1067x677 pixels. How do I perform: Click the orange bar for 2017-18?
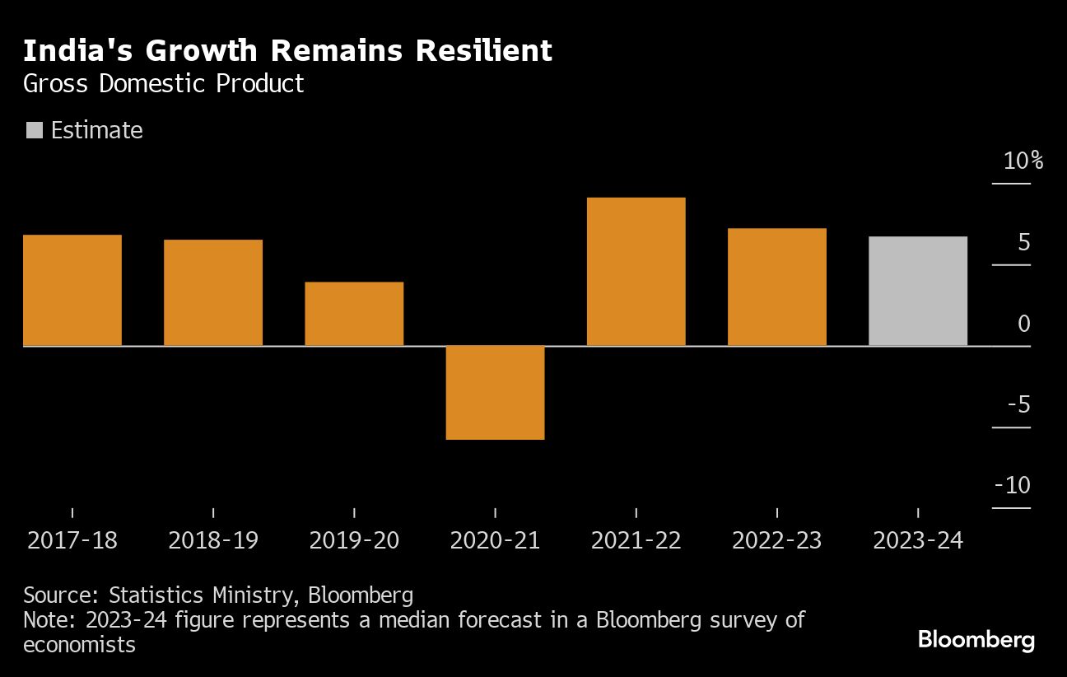(x=72, y=290)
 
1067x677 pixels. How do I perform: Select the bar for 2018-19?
(x=213, y=292)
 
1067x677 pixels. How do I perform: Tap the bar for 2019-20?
(x=354, y=314)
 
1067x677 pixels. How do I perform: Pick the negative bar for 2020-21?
(x=495, y=392)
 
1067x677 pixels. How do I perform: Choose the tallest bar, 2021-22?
(x=636, y=272)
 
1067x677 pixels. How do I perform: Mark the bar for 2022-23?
(x=776, y=287)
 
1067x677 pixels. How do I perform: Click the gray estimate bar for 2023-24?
(x=917, y=291)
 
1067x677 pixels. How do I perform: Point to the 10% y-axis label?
(x=1023, y=161)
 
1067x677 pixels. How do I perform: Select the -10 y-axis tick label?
(x=1012, y=486)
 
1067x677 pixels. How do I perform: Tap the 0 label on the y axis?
(x=1023, y=324)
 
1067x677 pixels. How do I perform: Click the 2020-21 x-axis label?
(x=495, y=540)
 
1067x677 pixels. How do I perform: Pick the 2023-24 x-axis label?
(x=917, y=540)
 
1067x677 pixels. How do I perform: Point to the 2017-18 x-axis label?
(x=72, y=540)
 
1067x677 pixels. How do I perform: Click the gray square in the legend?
(x=34, y=130)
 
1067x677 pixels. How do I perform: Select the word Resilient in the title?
(x=483, y=51)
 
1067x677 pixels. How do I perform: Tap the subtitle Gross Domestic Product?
(x=164, y=83)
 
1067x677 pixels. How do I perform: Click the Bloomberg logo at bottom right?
(x=976, y=640)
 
